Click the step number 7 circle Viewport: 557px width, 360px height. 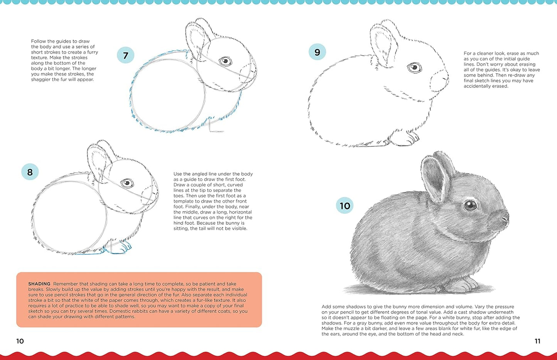(x=125, y=56)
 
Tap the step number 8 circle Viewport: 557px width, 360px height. (x=30, y=172)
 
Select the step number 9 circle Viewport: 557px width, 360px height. (x=317, y=52)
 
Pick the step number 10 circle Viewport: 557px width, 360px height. (x=345, y=205)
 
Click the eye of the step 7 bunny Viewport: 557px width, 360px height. (x=225, y=61)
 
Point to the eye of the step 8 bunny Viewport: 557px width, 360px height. (x=127, y=183)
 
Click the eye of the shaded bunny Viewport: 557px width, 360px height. (x=470, y=205)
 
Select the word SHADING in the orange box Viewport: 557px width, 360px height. (x=39, y=284)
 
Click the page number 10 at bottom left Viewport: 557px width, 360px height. (x=20, y=341)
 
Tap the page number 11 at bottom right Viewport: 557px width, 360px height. (x=537, y=341)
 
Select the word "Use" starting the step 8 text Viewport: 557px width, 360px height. (x=178, y=174)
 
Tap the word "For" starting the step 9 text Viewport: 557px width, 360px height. (x=468, y=54)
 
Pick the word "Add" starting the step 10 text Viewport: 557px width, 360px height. (x=326, y=307)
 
